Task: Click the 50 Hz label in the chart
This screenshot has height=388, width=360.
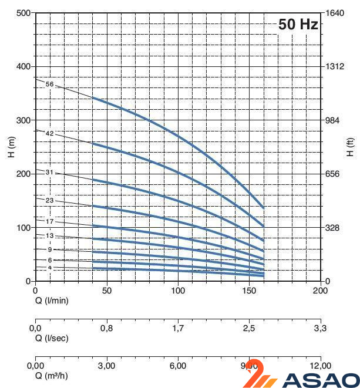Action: click(298, 25)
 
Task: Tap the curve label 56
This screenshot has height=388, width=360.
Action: click(49, 85)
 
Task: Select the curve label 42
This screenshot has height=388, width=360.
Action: click(49, 134)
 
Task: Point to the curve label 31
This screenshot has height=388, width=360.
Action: click(49, 173)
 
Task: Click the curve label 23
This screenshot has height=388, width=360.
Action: click(49, 201)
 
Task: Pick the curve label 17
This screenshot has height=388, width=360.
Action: click(49, 222)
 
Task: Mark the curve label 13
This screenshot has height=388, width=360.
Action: click(49, 236)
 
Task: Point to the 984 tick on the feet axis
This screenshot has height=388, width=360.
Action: click(334, 120)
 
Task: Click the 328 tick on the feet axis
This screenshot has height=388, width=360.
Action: click(334, 228)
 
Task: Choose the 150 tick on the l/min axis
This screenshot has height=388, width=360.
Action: click(249, 291)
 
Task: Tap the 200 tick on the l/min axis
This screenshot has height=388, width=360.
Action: click(320, 291)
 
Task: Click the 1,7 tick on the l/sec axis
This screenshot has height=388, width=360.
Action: click(178, 328)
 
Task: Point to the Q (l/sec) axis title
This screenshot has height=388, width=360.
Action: click(51, 338)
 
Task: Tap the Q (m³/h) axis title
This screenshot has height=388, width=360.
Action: click(52, 375)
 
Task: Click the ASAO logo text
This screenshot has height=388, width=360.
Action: click(321, 380)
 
